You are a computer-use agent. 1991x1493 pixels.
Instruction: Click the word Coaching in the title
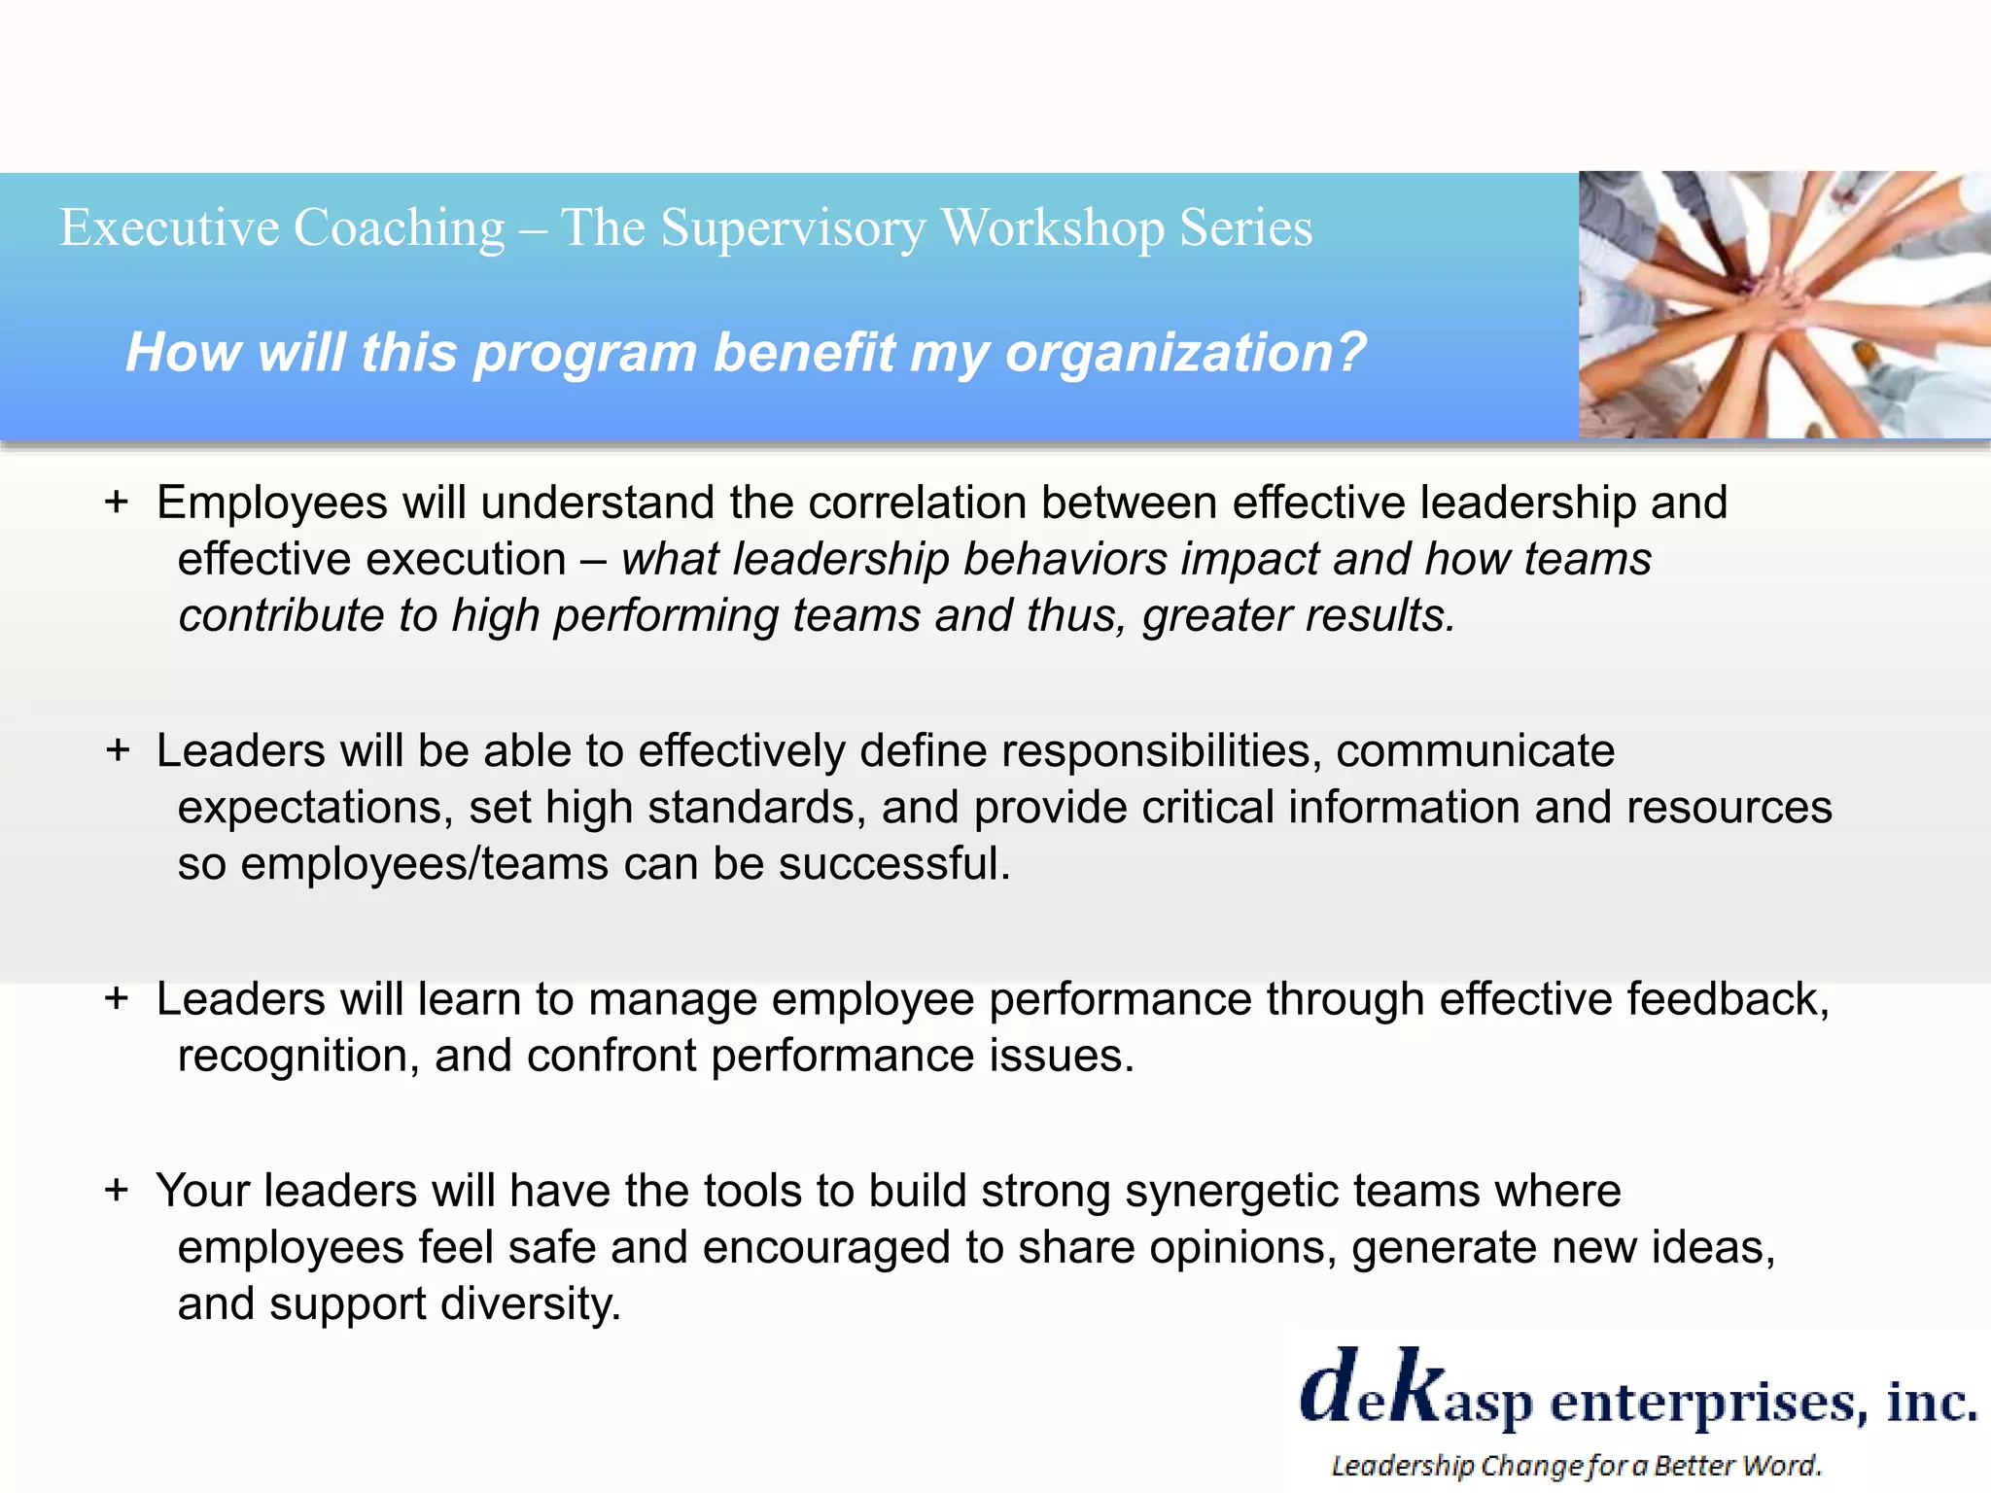coord(399,229)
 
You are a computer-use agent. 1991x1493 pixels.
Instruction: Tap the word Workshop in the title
coord(1053,229)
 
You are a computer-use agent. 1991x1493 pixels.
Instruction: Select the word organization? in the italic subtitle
coord(1186,352)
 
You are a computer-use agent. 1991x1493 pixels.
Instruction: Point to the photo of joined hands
coord(1784,304)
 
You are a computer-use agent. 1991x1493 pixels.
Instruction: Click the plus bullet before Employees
coord(117,503)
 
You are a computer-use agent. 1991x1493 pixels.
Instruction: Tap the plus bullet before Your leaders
coord(117,1190)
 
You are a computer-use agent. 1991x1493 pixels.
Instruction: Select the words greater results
coord(1299,616)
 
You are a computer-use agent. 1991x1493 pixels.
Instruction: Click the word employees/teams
coord(425,864)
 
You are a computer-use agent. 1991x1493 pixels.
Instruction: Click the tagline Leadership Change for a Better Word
coord(1575,1465)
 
